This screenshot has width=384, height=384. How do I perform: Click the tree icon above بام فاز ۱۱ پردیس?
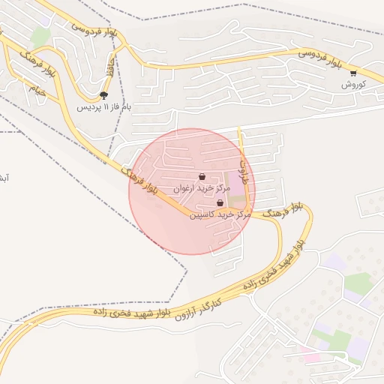coord(103,95)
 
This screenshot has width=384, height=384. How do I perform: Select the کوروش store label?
coord(352,84)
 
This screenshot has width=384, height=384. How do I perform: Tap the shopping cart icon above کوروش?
coord(352,73)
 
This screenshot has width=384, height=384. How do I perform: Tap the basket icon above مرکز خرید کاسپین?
coord(220,202)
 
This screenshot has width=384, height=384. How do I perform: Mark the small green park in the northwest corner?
coord(41,36)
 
